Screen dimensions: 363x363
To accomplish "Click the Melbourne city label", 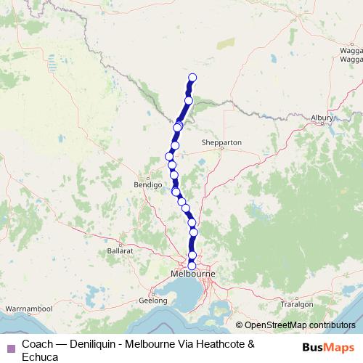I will click(192, 274).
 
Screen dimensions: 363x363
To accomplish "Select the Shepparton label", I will click(221, 143).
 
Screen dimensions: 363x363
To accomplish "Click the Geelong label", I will click(153, 299).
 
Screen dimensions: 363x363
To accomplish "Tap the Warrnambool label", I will click(28, 309).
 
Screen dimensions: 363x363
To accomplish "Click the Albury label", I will click(321, 118).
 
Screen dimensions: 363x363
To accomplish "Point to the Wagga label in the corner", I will click(351, 51).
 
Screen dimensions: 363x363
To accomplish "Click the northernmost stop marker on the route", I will click(192, 78).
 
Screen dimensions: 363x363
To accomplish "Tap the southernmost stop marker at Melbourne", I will click(192, 266).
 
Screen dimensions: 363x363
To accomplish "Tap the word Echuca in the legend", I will click(40, 356).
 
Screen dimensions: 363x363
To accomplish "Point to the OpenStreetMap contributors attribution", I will click(297, 326).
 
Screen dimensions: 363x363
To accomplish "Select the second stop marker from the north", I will click(189, 100).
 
